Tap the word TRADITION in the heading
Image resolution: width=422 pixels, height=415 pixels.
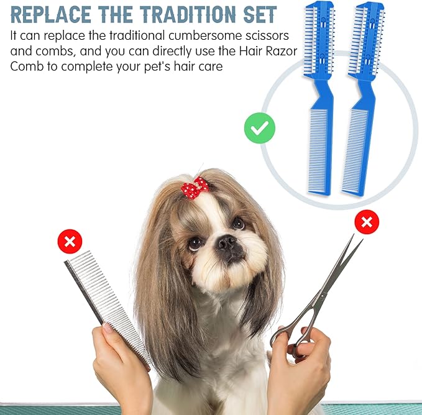point(188,14)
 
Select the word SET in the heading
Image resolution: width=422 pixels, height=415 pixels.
point(260,14)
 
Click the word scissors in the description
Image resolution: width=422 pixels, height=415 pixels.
point(262,35)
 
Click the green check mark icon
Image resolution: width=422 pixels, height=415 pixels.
point(260,128)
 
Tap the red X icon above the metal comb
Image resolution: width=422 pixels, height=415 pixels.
point(70,242)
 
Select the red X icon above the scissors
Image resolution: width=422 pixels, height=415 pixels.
point(367,222)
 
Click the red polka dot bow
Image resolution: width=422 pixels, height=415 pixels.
point(195,188)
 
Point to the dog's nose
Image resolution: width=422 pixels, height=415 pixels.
point(227,242)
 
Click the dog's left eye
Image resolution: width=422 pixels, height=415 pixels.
point(239,223)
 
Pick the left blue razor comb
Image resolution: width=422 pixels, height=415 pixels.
point(319,98)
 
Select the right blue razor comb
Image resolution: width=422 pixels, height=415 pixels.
point(362,98)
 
